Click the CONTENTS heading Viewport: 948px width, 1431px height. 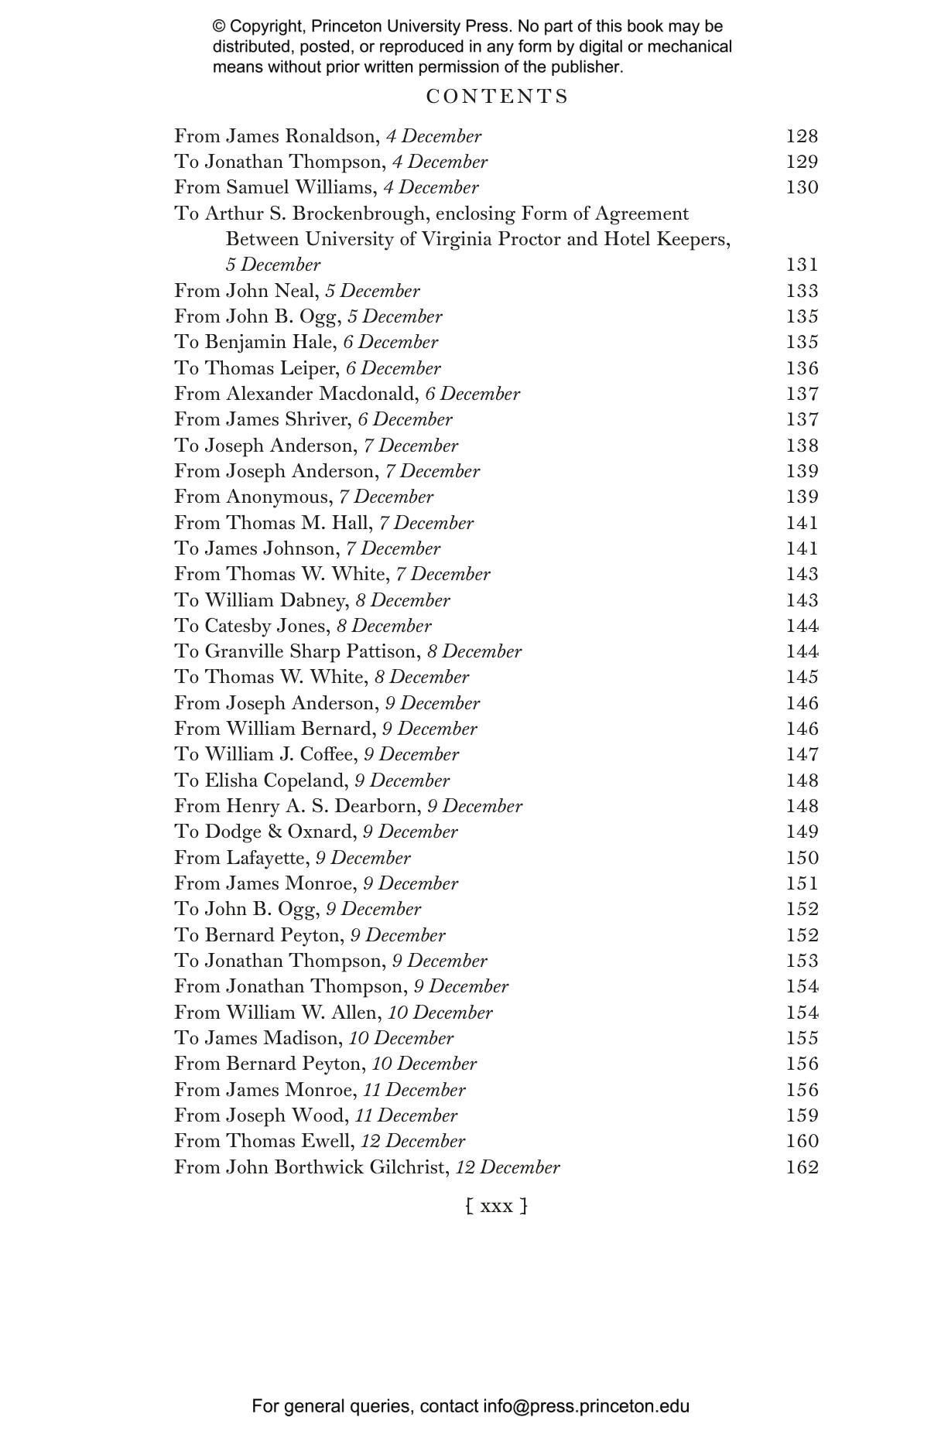tap(497, 97)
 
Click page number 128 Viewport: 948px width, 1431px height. tap(802, 136)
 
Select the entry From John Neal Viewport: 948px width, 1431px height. tap(296, 291)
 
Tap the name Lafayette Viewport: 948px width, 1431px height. tap(265, 858)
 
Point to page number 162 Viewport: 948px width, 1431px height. tap(802, 1167)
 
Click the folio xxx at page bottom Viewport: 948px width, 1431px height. tap(497, 1206)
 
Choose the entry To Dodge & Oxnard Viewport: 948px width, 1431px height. tap(316, 832)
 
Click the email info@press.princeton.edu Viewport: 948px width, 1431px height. tap(586, 1406)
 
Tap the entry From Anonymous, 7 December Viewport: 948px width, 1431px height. tap(303, 497)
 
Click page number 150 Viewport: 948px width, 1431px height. tap(802, 858)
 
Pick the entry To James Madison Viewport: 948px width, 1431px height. tap(313, 1038)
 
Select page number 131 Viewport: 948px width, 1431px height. tap(802, 265)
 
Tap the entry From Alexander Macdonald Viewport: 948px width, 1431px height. tap(347, 394)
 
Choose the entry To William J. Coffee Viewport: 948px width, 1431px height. tap(317, 754)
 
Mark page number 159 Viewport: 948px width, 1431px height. tap(802, 1115)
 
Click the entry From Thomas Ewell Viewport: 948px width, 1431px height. tap(319, 1141)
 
